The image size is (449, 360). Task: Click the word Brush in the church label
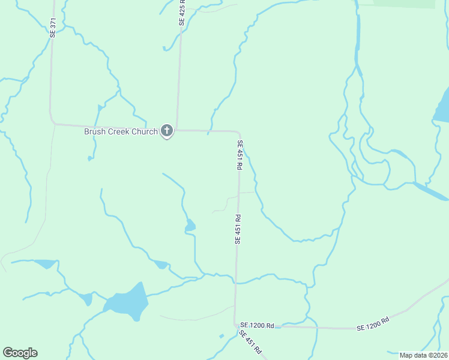point(94,131)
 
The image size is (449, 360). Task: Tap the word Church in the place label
point(145,131)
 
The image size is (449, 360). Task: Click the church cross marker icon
point(167,131)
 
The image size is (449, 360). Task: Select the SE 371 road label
point(53,28)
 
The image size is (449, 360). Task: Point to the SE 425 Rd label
point(182,12)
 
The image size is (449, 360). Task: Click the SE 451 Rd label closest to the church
point(240,155)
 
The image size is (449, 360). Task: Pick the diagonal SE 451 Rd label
point(250,341)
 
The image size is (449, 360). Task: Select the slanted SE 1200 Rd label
point(373,323)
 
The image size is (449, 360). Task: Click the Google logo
point(20,353)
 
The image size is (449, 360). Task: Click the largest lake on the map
point(128,301)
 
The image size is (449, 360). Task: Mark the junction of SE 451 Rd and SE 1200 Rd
point(235,325)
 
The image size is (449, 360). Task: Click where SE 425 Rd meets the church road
point(176,129)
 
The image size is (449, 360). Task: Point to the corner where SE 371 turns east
point(52,122)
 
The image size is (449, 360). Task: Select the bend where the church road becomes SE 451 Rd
point(240,133)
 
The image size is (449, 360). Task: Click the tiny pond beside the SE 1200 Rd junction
point(221,335)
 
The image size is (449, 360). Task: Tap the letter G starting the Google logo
point(8,353)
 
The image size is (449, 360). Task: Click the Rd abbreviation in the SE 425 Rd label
point(182,3)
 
